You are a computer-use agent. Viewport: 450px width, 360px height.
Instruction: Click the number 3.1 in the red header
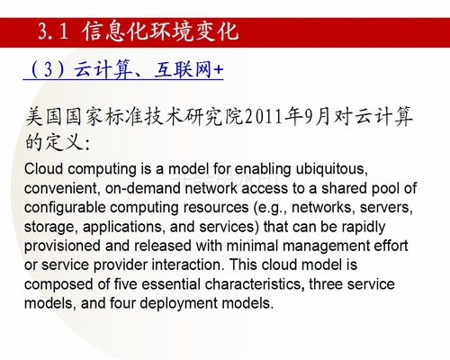pos(53,31)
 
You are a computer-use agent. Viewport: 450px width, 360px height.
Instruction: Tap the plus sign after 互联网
pos(219,70)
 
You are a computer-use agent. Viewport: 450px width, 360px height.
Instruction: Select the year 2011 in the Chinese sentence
pos(265,117)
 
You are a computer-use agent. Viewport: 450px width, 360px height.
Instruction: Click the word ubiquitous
pos(331,169)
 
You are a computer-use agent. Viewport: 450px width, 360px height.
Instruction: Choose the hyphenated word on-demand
pos(143,188)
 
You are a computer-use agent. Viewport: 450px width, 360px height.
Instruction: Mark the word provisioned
pos(62,247)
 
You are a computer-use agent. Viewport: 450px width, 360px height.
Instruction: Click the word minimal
pos(252,246)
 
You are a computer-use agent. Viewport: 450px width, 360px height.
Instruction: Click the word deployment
pos(178,303)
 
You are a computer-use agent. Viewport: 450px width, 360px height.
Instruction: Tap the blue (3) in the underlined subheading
pos(48,69)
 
